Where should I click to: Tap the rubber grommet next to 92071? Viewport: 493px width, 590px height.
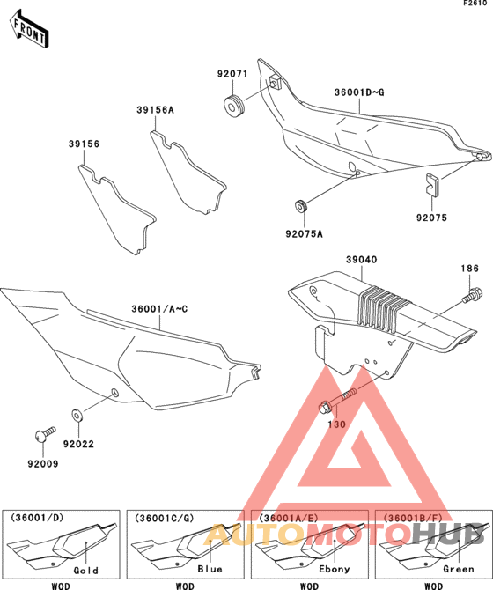[x=234, y=107]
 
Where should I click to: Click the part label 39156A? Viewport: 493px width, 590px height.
[x=155, y=110]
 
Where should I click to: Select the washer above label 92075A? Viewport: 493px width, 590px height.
[x=301, y=206]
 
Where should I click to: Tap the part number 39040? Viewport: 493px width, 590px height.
[x=361, y=260]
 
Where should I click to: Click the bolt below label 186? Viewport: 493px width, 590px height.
[x=474, y=293]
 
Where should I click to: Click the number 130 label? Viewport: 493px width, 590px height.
[x=337, y=424]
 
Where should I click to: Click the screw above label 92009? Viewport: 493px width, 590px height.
[x=40, y=434]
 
